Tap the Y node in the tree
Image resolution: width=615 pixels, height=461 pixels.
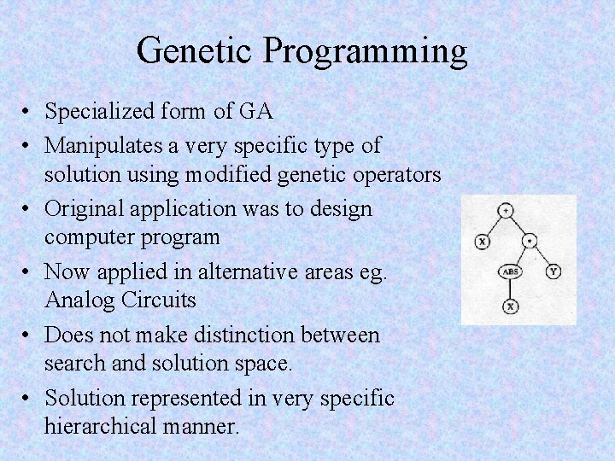point(553,272)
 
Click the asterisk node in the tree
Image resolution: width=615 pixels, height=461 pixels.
point(530,242)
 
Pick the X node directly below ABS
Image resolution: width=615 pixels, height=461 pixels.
point(510,306)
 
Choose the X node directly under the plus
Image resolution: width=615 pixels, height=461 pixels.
point(482,242)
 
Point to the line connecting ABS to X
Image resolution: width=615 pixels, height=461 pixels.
point(510,289)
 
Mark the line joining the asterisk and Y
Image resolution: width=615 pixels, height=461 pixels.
point(542,257)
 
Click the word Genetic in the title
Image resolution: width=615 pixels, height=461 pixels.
point(195,50)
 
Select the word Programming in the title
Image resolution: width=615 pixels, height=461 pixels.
point(365,52)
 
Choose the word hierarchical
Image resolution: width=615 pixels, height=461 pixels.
point(102,425)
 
